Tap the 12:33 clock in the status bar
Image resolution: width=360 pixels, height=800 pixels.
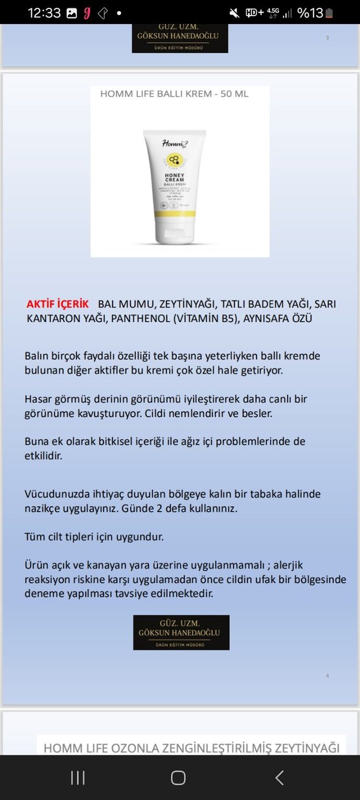(x=43, y=12)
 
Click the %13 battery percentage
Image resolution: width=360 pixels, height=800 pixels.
(x=309, y=12)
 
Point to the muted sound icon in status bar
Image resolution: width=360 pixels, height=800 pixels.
(x=234, y=12)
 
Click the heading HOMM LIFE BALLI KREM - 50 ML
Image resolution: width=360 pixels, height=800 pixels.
(x=174, y=94)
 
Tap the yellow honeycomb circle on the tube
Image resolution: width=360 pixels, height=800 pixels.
(x=174, y=158)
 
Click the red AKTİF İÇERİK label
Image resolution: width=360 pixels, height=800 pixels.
(x=58, y=304)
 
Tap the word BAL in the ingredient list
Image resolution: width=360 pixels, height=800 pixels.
(x=107, y=304)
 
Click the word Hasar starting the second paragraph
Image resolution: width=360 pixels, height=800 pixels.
(x=38, y=398)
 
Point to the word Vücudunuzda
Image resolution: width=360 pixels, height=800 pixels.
(x=56, y=494)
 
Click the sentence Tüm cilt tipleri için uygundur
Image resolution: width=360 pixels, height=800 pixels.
(x=94, y=537)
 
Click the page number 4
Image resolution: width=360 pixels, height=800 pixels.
(x=328, y=676)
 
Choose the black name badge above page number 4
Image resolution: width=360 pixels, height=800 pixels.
(x=181, y=632)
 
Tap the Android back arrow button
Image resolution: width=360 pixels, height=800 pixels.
(x=279, y=778)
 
